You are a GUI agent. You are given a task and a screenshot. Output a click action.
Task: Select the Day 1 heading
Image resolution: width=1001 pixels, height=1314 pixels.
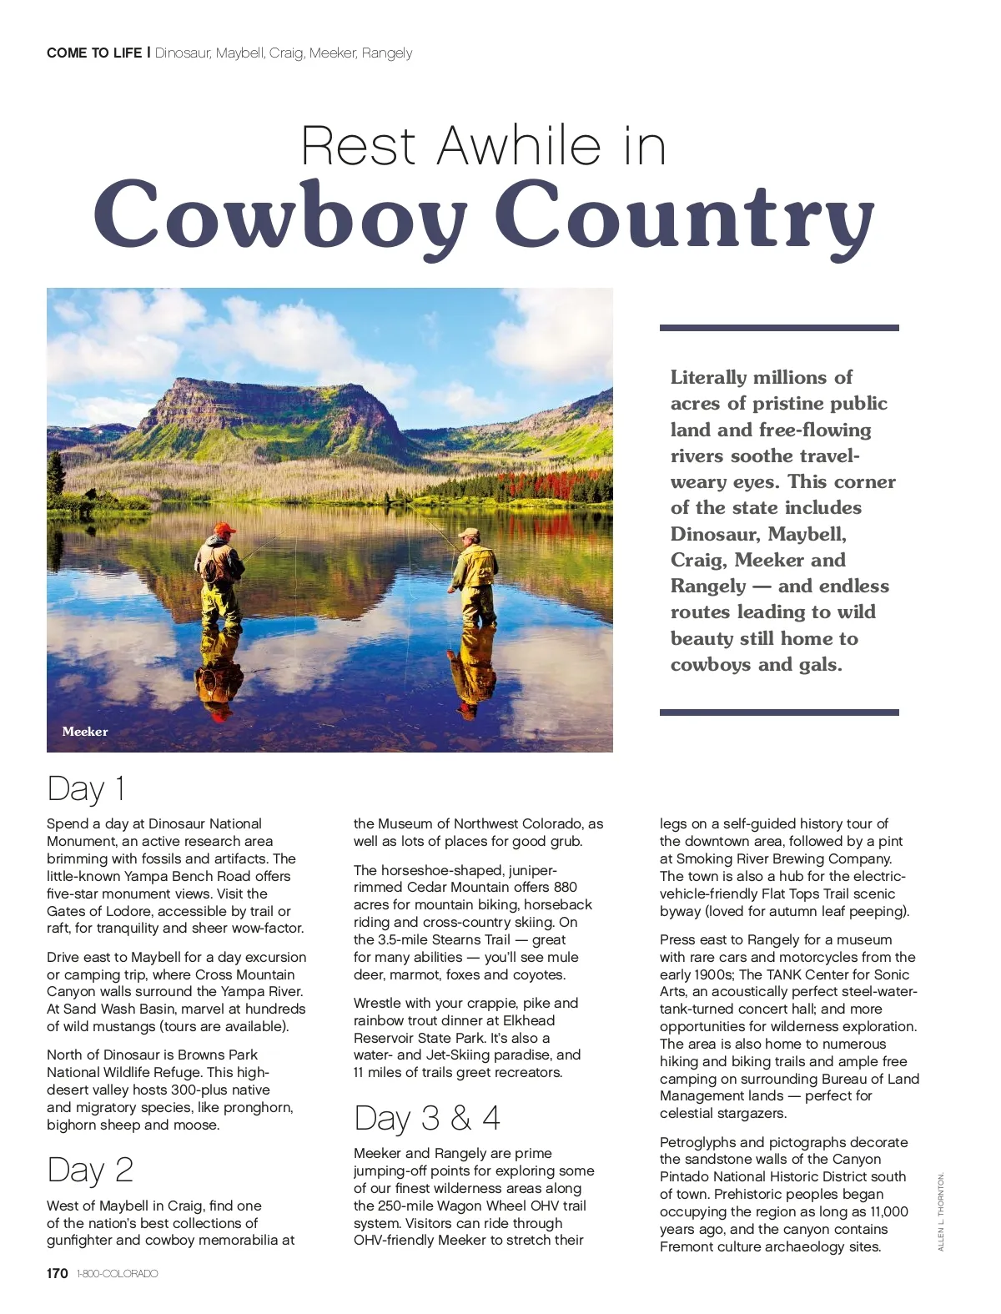click(x=86, y=788)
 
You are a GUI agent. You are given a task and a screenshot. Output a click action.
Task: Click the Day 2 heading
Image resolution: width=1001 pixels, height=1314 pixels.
click(x=90, y=1170)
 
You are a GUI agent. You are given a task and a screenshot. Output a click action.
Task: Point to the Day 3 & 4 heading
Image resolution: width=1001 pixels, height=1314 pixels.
click(x=426, y=1118)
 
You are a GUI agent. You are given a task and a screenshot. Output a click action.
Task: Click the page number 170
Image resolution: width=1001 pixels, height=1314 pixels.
click(x=58, y=1273)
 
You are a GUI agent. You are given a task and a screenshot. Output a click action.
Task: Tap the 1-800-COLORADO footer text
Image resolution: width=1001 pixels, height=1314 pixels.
click(x=117, y=1274)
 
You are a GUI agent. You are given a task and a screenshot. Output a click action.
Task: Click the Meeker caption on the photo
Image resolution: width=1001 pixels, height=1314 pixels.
click(x=85, y=732)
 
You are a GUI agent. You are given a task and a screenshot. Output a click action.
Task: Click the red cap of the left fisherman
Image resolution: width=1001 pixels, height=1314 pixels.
click(x=224, y=528)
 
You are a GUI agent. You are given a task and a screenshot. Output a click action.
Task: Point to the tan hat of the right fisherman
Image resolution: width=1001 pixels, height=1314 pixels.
click(x=470, y=532)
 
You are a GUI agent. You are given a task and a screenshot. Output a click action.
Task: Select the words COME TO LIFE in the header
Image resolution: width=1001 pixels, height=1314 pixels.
click(x=94, y=53)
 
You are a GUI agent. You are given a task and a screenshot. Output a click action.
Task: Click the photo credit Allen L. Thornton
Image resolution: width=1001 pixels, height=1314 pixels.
click(x=941, y=1211)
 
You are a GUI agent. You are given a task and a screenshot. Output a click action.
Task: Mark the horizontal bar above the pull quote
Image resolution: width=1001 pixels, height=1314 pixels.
click(x=779, y=328)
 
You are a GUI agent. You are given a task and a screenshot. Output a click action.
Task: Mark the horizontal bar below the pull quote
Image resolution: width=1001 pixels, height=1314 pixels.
click(x=779, y=712)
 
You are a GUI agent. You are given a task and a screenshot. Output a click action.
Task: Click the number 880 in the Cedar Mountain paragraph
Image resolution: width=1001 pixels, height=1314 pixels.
click(x=565, y=887)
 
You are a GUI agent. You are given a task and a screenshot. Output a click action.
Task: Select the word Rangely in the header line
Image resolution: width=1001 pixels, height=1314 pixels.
click(x=387, y=53)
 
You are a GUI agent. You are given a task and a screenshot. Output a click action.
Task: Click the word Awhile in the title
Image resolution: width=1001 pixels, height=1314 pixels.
click(x=518, y=146)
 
